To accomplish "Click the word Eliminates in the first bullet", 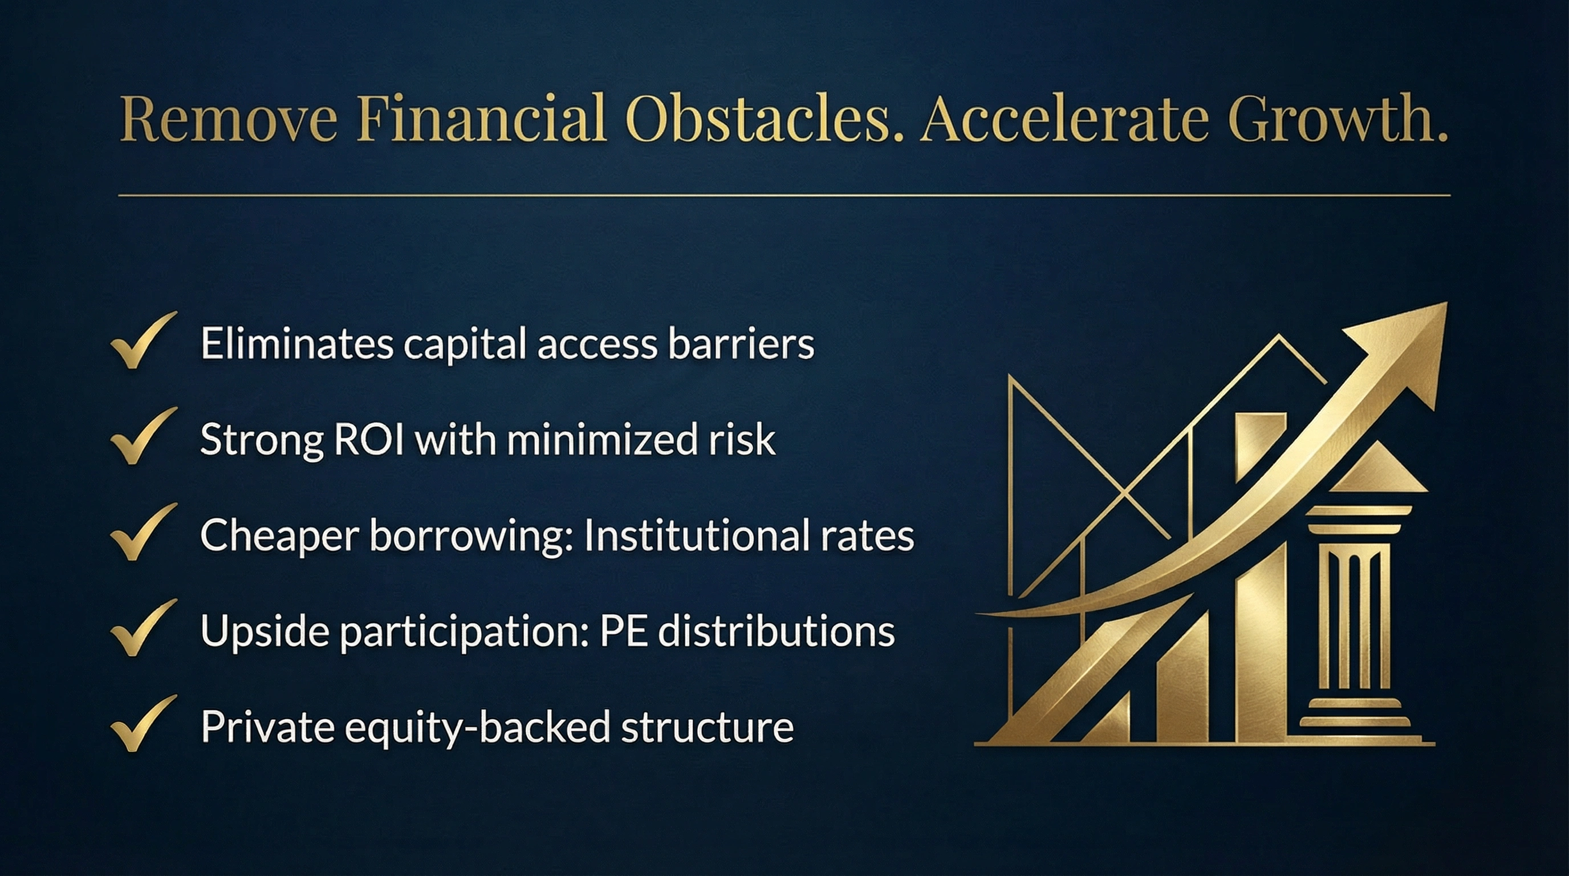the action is click(x=297, y=343).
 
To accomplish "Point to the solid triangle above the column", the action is click(x=1378, y=468).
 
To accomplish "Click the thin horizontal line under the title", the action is click(x=784, y=196).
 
